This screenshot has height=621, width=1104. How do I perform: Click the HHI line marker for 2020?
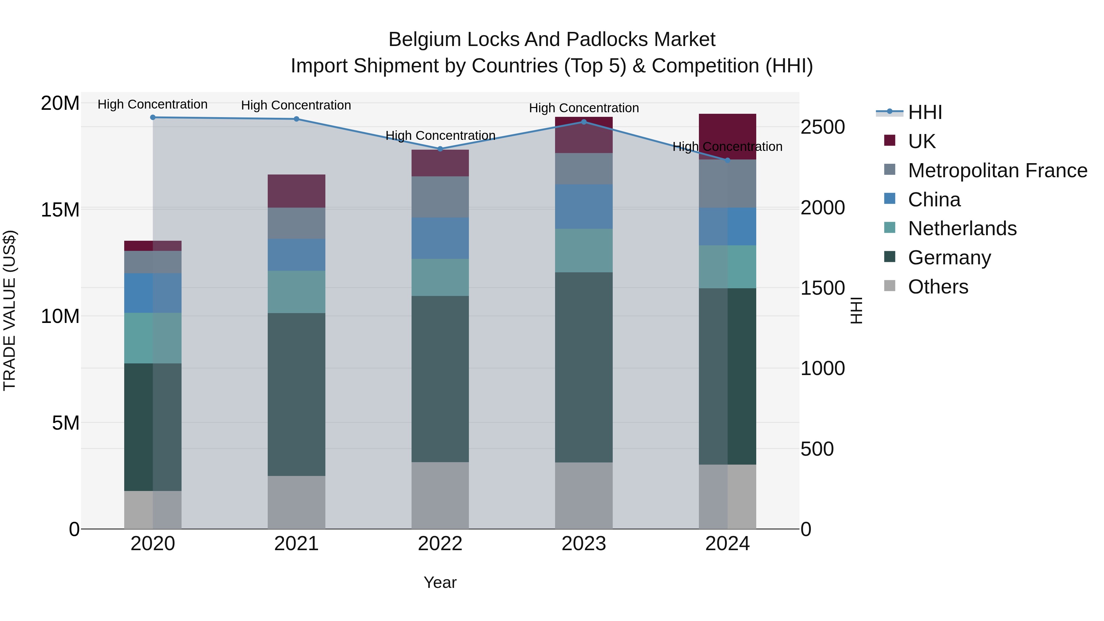[153, 117]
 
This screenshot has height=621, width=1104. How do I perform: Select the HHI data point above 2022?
[440, 149]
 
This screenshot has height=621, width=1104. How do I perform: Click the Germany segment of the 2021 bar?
[296, 394]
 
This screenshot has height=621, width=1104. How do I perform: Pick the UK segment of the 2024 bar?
[727, 136]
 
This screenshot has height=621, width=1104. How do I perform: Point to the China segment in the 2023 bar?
[584, 207]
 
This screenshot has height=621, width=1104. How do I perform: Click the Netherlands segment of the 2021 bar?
[296, 292]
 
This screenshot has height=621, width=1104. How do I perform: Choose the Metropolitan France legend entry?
[997, 171]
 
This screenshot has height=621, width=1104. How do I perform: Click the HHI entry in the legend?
[925, 112]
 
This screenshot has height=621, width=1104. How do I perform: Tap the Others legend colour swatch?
[890, 286]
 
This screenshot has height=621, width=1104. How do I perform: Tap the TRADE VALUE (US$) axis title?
[10, 310]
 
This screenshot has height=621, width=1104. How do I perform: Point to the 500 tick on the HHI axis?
[817, 449]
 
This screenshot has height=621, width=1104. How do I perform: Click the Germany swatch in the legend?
[890, 257]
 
